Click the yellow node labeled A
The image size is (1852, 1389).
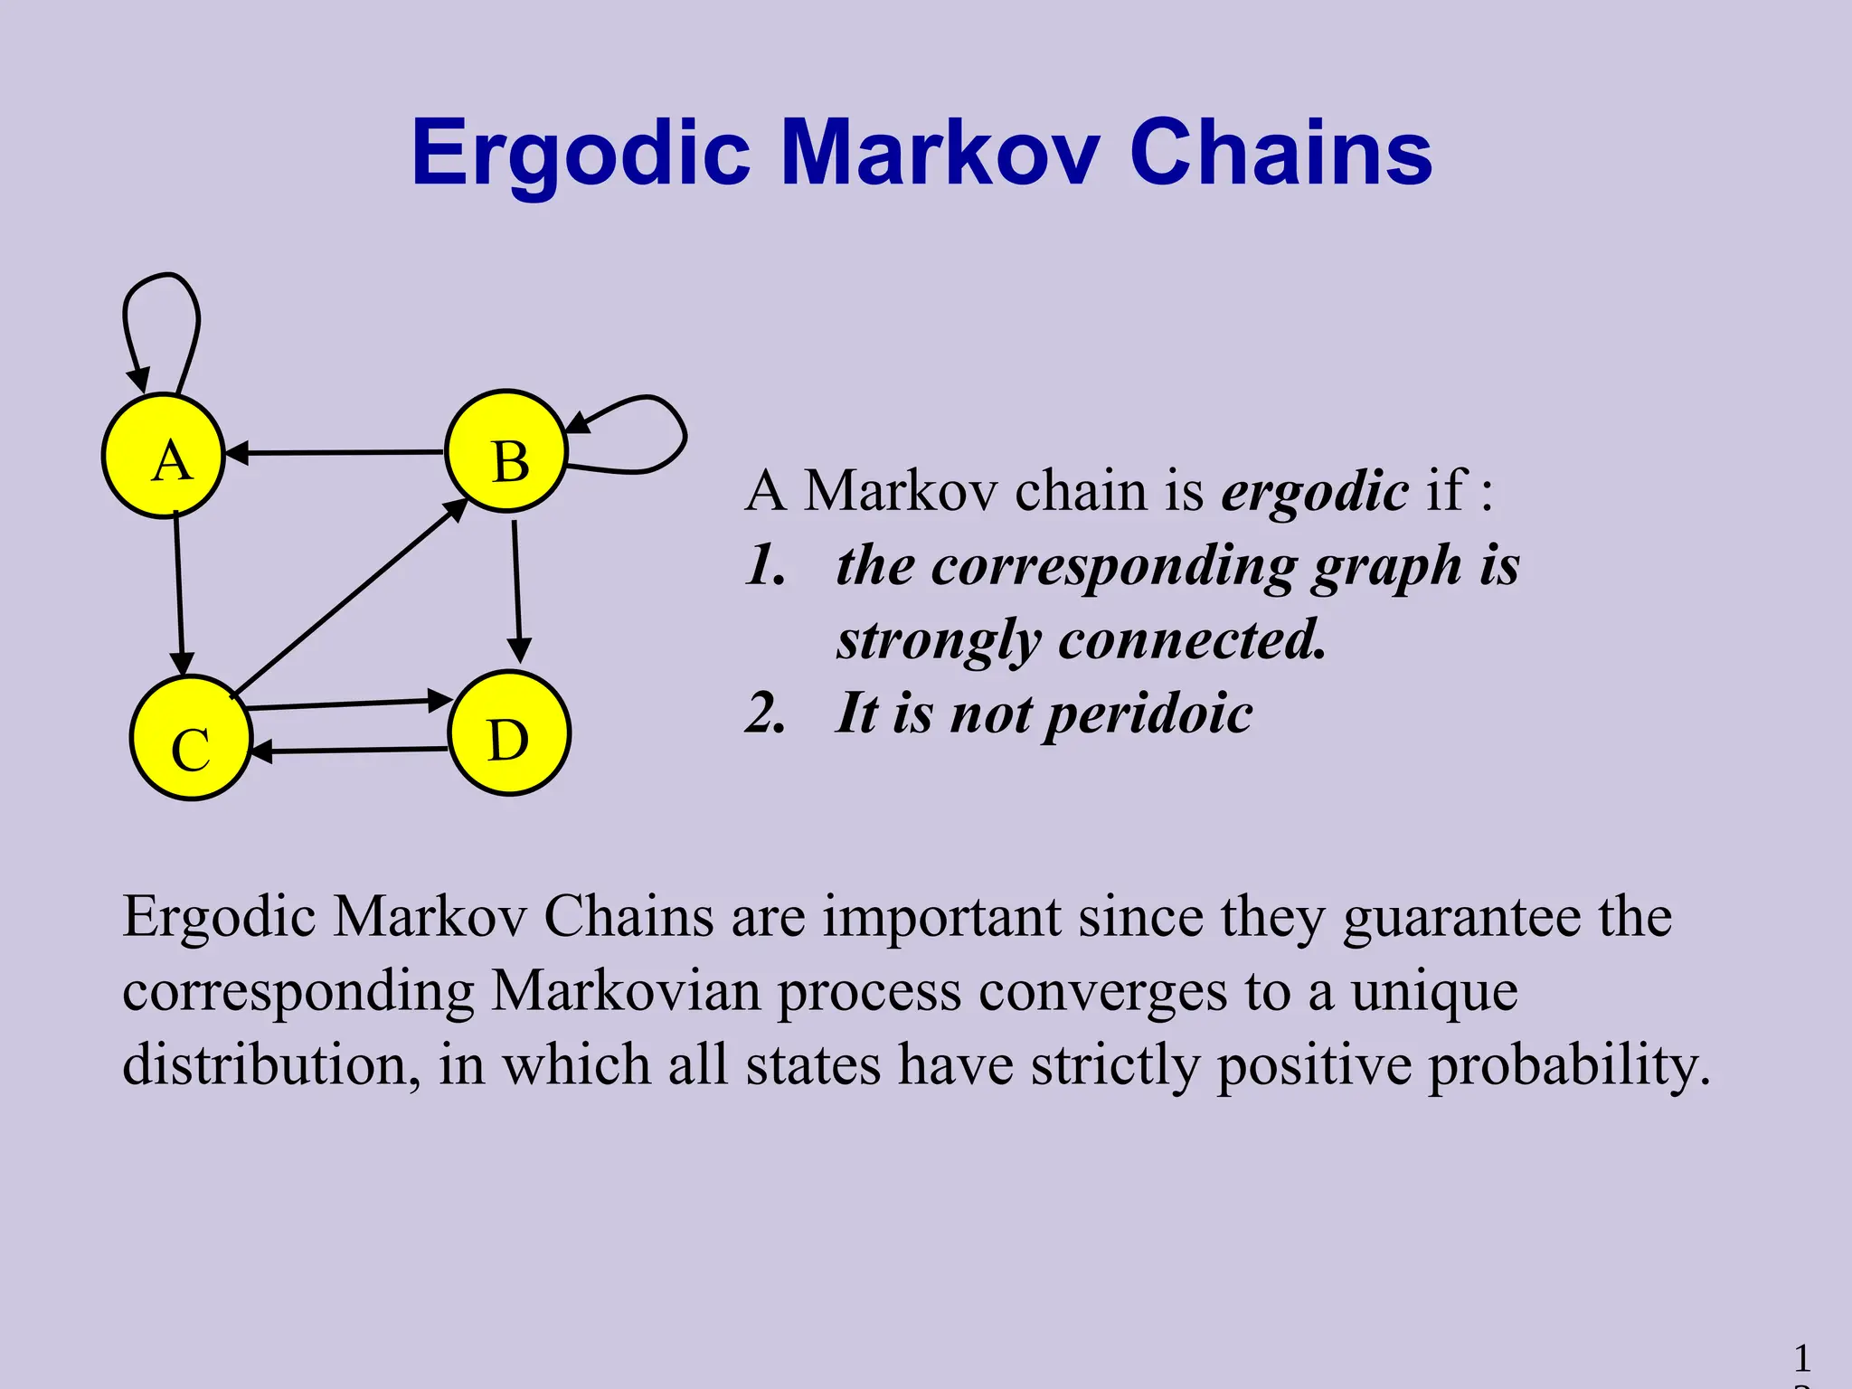[164, 456]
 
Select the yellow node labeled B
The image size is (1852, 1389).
[506, 451]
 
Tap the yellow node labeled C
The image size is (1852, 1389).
[191, 738]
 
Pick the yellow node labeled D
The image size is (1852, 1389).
[509, 733]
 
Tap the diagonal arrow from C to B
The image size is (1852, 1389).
[353, 598]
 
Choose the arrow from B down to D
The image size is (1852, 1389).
[516, 588]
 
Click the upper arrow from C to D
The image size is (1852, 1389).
[348, 703]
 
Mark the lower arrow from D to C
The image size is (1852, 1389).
[348, 751]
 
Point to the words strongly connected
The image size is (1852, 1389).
[1082, 639]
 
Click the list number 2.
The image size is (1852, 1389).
[765, 713]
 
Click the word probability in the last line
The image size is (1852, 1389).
[1569, 1065]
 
